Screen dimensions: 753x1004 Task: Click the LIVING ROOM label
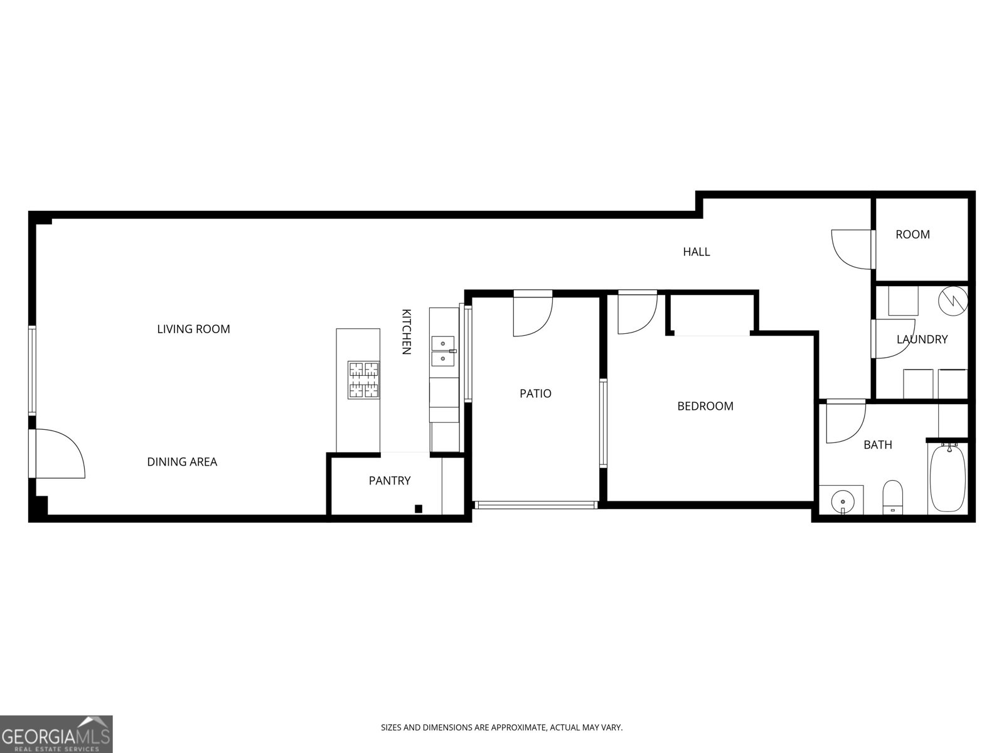pos(193,329)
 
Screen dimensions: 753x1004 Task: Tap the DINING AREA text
pos(182,462)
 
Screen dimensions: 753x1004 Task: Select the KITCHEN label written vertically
pos(406,332)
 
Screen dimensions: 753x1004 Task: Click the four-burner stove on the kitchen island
pos(364,380)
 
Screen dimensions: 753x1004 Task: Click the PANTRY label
pos(389,481)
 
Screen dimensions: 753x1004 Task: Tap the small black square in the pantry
pos(419,508)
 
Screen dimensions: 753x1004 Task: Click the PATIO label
pos(535,393)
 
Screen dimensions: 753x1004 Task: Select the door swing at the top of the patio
pos(532,314)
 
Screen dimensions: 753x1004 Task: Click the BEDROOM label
pos(705,406)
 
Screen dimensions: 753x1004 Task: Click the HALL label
pos(697,252)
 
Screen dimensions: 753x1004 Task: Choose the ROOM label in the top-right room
pos(912,234)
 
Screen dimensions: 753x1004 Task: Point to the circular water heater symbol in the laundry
pos(953,301)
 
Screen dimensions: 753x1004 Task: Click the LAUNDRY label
pos(922,339)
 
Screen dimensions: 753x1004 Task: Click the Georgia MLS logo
pos(56,734)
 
